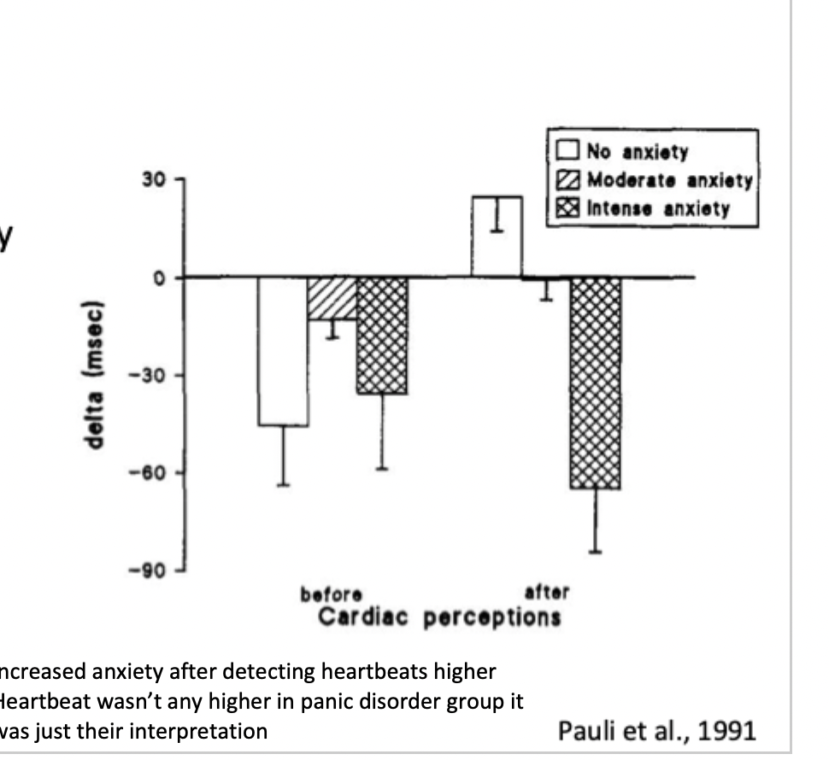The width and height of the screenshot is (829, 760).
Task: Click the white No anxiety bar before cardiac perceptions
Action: pyautogui.click(x=284, y=351)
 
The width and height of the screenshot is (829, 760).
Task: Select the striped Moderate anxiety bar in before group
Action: pyautogui.click(x=332, y=298)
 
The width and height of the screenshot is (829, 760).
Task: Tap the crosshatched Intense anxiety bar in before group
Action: pyautogui.click(x=382, y=335)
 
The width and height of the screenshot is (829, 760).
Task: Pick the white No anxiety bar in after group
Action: pyautogui.click(x=497, y=237)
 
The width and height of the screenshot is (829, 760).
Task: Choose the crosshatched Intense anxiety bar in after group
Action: pyautogui.click(x=595, y=383)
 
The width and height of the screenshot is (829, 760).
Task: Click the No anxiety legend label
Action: pyautogui.click(x=637, y=153)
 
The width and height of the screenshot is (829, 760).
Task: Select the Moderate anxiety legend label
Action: pyautogui.click(x=669, y=180)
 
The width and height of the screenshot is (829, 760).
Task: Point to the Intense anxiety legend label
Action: pyautogui.click(x=658, y=208)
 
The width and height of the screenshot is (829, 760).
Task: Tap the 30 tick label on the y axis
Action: pyautogui.click(x=152, y=180)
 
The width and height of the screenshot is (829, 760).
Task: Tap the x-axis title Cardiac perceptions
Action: pyautogui.click(x=439, y=617)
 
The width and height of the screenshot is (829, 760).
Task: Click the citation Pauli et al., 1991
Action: pyautogui.click(x=656, y=731)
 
